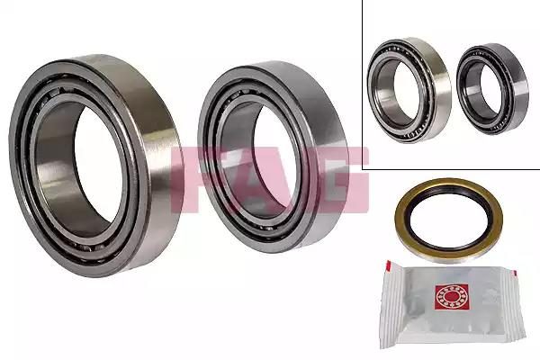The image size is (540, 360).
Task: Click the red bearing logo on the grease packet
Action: (x=452, y=297)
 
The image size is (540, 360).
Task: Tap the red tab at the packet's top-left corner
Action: (x=389, y=265)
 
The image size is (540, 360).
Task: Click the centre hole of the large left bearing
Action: (x=99, y=166)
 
